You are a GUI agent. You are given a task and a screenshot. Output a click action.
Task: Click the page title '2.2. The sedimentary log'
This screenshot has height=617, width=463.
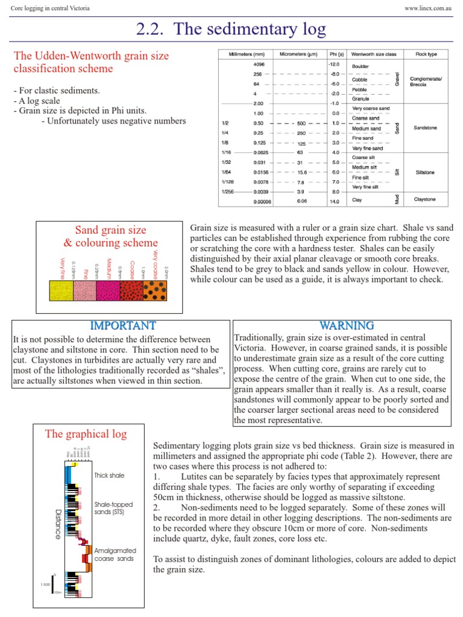(x=231, y=28)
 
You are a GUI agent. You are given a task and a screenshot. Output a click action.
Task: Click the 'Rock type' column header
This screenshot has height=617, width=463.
(x=426, y=54)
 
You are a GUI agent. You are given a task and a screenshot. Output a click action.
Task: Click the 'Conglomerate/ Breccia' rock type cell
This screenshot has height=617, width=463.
(x=426, y=81)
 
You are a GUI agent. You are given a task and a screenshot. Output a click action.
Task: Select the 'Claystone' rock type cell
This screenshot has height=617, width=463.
(x=426, y=199)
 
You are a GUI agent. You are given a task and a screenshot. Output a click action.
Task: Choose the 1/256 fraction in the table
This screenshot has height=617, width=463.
(x=227, y=192)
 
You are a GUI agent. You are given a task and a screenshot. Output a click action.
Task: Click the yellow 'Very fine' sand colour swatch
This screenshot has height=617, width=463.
(x=61, y=292)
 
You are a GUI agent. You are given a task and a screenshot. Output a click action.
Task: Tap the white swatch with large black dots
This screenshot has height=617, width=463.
(x=156, y=292)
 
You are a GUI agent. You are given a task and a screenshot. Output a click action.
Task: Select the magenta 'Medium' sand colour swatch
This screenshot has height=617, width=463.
(x=109, y=292)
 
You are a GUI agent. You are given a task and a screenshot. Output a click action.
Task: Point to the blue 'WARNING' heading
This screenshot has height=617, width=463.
(x=347, y=326)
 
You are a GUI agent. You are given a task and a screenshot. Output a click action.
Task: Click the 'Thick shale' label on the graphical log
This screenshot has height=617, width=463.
(x=109, y=475)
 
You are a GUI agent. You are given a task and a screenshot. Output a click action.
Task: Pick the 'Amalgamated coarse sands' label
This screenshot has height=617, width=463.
(x=115, y=554)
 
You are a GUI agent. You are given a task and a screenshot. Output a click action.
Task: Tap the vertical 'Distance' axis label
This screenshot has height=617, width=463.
(x=58, y=524)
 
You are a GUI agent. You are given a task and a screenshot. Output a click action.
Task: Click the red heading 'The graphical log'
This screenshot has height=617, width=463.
(x=86, y=434)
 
